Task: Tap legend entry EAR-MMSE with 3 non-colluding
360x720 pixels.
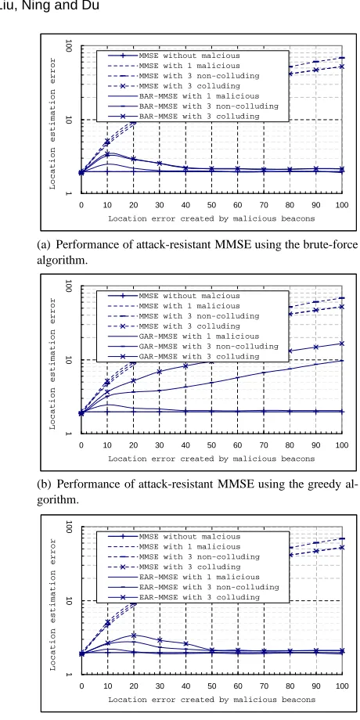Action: pyautogui.click(x=208, y=587)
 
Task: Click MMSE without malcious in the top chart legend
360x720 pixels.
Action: pyautogui.click(x=189, y=56)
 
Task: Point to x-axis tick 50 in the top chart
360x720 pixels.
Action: pyautogui.click(x=211, y=204)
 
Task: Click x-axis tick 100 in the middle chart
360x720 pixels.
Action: pyautogui.click(x=342, y=445)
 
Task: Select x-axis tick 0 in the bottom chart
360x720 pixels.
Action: pyautogui.click(x=81, y=686)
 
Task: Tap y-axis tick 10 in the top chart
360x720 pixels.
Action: pyautogui.click(x=68, y=120)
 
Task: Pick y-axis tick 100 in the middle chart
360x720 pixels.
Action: pyautogui.click(x=68, y=286)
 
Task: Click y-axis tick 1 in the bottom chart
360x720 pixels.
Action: pyautogui.click(x=68, y=674)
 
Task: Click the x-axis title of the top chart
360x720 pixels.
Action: pyautogui.click(x=211, y=218)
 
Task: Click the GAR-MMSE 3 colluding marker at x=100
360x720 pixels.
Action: pyautogui.click(x=341, y=344)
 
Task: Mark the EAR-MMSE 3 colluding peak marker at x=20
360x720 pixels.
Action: pyautogui.click(x=134, y=635)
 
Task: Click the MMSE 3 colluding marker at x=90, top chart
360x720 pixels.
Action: pyautogui.click(x=315, y=70)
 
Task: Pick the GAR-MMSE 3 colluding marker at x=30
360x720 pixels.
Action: pyautogui.click(x=160, y=372)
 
